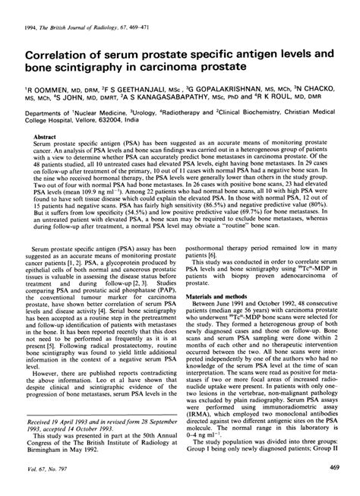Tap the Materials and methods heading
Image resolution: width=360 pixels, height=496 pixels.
[220, 295]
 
